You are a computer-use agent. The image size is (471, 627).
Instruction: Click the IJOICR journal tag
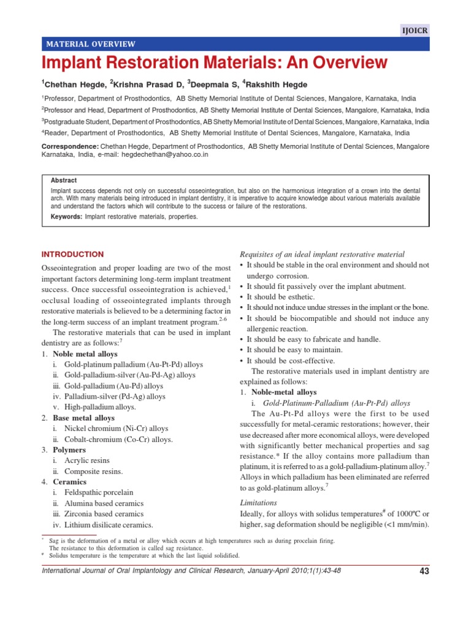point(415,29)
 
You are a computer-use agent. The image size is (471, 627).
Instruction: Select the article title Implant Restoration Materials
point(214,62)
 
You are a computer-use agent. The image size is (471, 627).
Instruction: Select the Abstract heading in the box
point(64,181)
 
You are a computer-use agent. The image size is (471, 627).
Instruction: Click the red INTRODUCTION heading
point(72,254)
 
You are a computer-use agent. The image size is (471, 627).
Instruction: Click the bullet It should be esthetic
point(285,296)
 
